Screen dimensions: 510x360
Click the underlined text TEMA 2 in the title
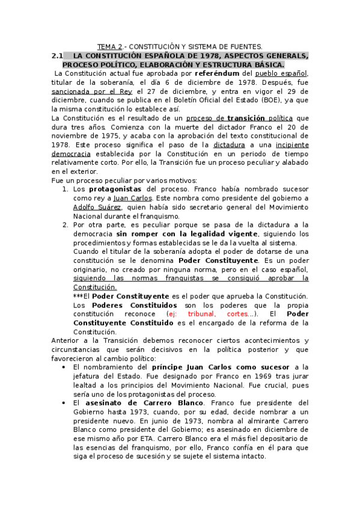coord(110,46)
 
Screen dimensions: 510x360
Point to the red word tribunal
coord(201,314)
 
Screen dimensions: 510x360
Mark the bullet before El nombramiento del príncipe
coord(64,367)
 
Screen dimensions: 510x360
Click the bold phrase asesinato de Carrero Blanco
coord(139,402)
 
